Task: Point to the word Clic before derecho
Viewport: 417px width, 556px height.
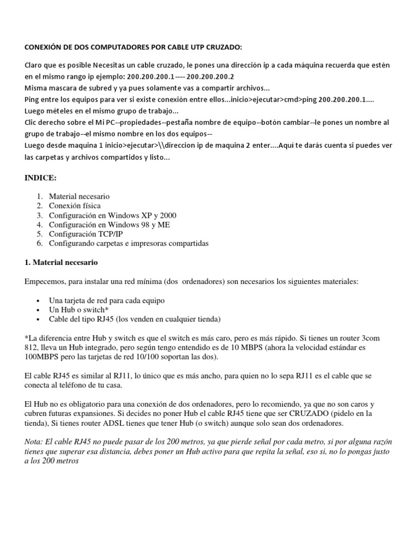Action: (33, 122)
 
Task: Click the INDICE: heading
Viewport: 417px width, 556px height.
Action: (41, 178)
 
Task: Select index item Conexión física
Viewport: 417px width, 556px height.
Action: (74, 206)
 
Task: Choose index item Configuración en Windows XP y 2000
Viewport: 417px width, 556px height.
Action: (112, 216)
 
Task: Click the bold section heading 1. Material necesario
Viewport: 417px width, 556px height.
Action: (61, 262)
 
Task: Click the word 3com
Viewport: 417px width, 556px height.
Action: (387, 337)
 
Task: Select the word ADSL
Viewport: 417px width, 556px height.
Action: (151, 422)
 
